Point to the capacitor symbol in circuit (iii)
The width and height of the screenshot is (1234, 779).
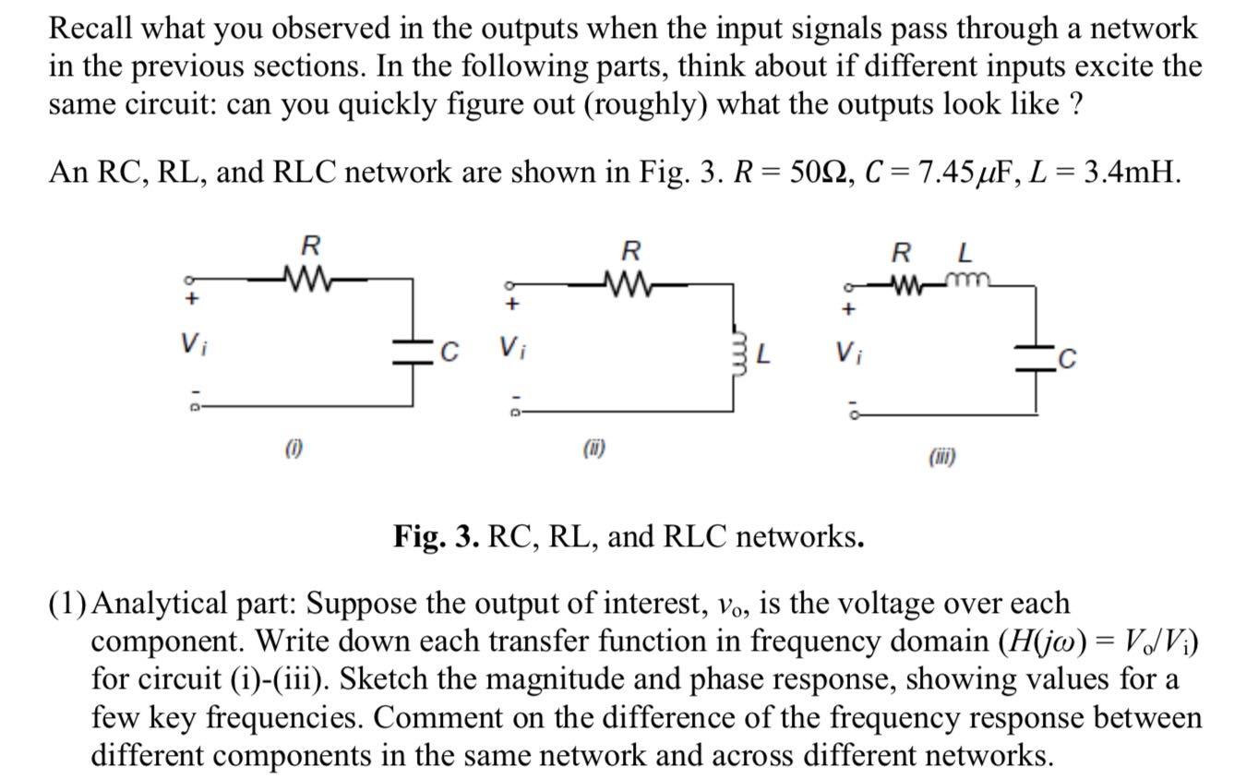(1036, 359)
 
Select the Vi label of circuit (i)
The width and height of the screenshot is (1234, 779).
(191, 344)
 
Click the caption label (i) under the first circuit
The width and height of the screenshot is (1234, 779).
(294, 449)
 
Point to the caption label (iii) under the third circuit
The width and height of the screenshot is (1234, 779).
(942, 456)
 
